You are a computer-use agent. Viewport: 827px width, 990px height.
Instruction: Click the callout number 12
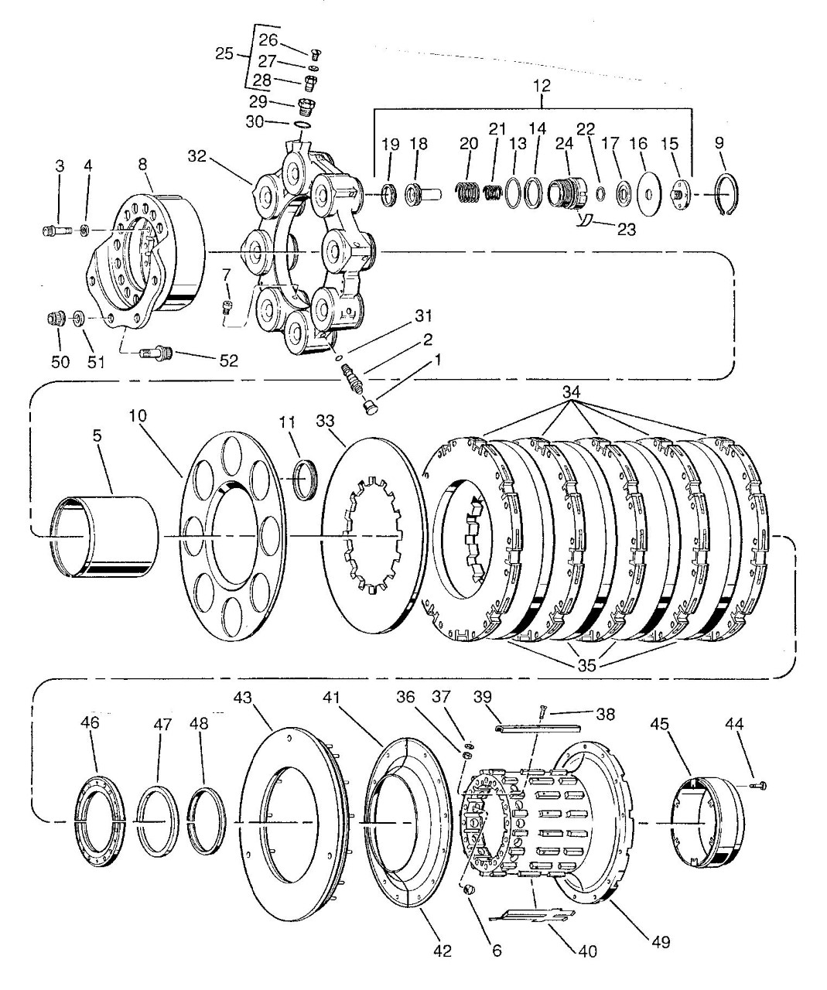542,86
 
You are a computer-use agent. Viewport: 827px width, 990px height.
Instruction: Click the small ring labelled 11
307,479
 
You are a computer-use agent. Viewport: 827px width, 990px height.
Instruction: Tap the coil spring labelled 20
468,189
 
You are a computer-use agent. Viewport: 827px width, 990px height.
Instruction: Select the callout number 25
224,53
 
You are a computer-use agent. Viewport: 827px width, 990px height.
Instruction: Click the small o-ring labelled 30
301,125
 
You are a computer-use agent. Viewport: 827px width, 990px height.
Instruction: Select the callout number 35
586,664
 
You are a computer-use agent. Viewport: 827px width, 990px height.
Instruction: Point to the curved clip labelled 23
585,220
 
